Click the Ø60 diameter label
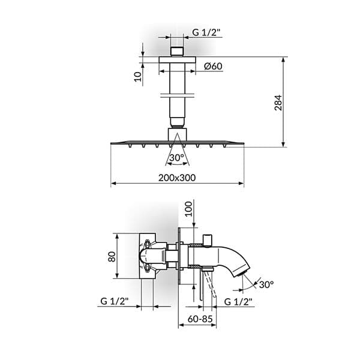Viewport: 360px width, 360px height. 213,66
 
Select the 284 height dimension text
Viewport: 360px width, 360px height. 278,103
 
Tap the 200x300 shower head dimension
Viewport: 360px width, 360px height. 177,178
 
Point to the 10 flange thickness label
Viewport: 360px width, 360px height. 137,76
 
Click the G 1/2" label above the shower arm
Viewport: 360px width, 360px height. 206,32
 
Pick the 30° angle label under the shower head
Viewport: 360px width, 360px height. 177,158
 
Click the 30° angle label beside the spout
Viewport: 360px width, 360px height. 266,284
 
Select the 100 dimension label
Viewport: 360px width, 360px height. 189,209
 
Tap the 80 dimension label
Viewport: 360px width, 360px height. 112,257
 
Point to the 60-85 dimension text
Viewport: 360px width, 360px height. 200,319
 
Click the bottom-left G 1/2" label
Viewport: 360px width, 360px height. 115,301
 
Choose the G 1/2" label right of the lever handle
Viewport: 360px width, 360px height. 238,302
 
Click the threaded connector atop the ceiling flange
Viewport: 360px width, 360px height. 177,52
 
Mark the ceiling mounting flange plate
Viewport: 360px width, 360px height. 177,59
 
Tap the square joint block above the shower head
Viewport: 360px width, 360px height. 177,134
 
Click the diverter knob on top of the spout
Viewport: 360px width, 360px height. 208,241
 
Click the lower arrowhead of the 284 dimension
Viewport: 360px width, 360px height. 284,144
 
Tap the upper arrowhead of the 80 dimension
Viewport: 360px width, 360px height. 117,236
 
